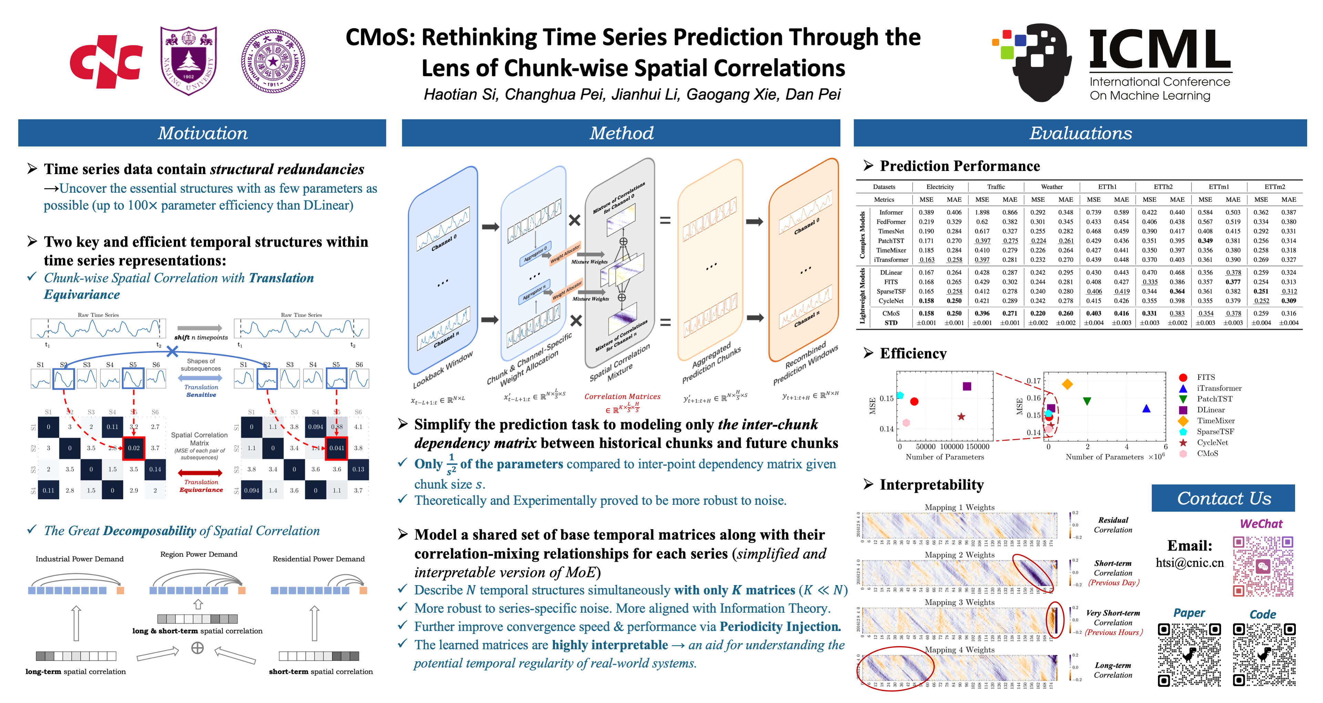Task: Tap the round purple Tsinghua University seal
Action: [273, 61]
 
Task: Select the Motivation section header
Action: [202, 133]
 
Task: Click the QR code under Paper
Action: [1189, 655]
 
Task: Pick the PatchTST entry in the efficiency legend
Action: [1214, 399]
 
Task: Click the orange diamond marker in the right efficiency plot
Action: [1067, 384]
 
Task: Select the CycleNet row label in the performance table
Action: [891, 301]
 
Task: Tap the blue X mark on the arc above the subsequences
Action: [173, 352]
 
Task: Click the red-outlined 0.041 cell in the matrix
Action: [336, 448]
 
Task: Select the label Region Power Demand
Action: [199, 554]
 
